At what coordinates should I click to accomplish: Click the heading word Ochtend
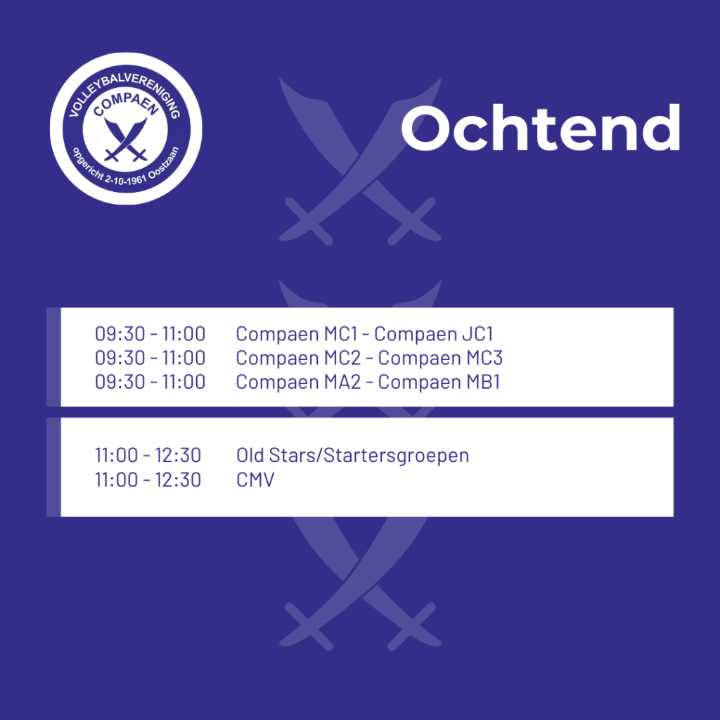(x=541, y=127)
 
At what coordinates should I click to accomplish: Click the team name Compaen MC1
(x=297, y=334)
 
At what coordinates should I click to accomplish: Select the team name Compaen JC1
(x=434, y=334)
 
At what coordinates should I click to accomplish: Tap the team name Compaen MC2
(x=298, y=358)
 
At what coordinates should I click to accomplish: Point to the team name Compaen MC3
(x=440, y=358)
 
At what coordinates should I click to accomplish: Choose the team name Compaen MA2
(x=298, y=382)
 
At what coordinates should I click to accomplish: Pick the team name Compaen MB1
(x=439, y=382)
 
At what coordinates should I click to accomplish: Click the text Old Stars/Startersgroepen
(x=353, y=456)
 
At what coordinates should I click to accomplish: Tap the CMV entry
(x=255, y=480)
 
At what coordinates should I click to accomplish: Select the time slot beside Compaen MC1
(x=150, y=334)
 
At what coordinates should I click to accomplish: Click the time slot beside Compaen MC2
(x=150, y=358)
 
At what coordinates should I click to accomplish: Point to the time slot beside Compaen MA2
(x=150, y=382)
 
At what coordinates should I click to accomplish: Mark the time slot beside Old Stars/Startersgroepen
(x=148, y=456)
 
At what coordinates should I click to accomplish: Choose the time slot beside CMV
(x=148, y=480)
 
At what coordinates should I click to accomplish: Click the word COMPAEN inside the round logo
(x=126, y=104)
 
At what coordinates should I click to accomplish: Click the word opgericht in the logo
(x=88, y=164)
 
